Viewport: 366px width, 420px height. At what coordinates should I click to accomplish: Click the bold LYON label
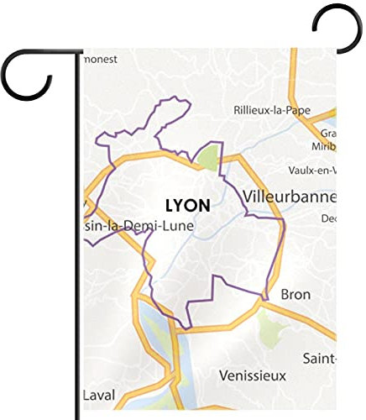click(188, 205)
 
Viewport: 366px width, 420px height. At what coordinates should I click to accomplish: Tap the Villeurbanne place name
click(288, 197)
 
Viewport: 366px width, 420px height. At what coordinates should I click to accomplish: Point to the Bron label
click(295, 295)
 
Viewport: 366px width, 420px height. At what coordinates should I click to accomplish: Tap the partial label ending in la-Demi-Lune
click(139, 226)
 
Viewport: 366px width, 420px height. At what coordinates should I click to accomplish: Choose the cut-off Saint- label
click(320, 359)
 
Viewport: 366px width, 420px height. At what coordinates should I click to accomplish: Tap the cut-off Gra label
click(328, 133)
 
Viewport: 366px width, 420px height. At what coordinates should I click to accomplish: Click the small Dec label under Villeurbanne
click(328, 218)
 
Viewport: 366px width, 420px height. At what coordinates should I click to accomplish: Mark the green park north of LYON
click(207, 156)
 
